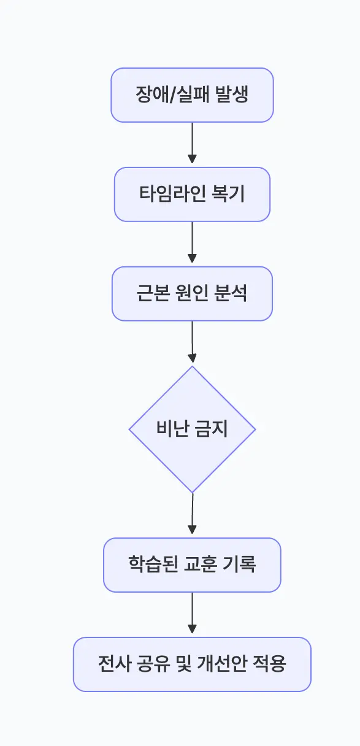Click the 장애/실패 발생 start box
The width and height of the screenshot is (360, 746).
[192, 95]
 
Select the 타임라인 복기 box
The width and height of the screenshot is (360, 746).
[192, 194]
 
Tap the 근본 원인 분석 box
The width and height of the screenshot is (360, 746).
[192, 294]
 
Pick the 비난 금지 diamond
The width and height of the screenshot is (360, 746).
[192, 429]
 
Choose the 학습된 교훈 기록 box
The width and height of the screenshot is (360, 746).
[192, 565]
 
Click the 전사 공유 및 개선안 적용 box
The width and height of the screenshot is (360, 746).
[192, 664]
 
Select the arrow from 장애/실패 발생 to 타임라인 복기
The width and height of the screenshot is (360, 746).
[192, 144]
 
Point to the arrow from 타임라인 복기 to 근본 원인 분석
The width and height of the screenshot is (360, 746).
[192, 243]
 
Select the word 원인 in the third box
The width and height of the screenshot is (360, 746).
[191, 294]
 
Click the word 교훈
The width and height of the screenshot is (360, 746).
[199, 565]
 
